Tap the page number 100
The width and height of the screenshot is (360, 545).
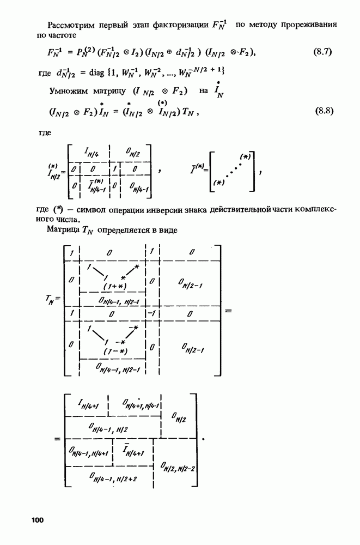[37, 520]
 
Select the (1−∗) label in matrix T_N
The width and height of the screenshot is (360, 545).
[114, 352]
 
